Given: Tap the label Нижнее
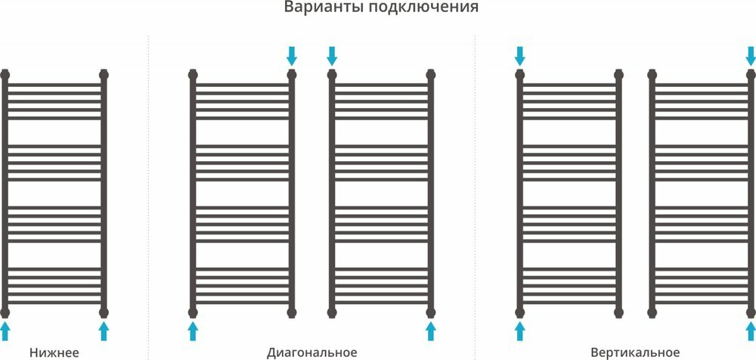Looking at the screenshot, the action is pos(54,352).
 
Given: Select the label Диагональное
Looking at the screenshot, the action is pos(311,352).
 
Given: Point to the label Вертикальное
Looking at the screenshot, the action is pos(636,352).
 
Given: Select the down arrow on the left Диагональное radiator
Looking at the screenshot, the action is pos(292,55).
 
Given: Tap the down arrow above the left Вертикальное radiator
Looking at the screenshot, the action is pos(520,55).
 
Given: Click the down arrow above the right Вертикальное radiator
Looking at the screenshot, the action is pos(749,55).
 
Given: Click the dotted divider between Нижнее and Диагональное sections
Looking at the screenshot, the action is pos(148,189).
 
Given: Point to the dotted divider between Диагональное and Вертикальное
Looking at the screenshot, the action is pos(475,189).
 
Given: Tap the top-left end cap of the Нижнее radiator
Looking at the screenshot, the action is pos(6,75).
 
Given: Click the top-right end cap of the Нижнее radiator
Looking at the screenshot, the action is pos(104,75).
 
